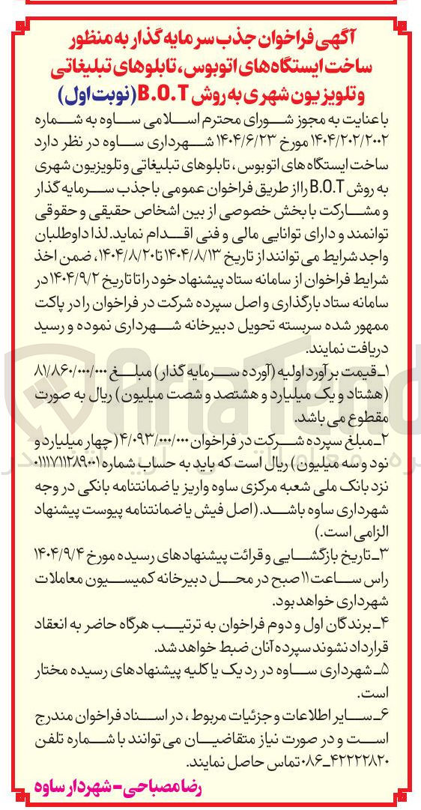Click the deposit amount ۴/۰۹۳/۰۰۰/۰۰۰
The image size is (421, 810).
tap(175, 432)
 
